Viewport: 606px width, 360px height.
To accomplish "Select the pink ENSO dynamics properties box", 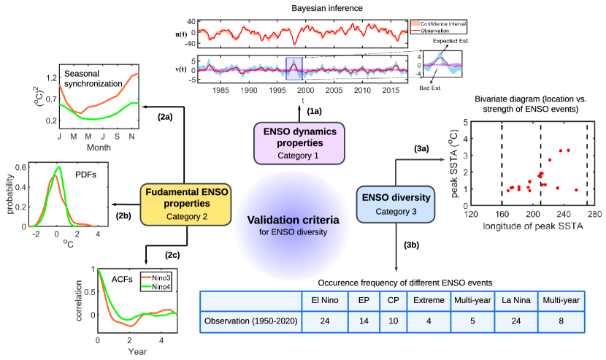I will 298,142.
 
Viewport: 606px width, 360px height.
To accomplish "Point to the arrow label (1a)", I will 313,110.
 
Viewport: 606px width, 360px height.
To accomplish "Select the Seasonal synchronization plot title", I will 93,79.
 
